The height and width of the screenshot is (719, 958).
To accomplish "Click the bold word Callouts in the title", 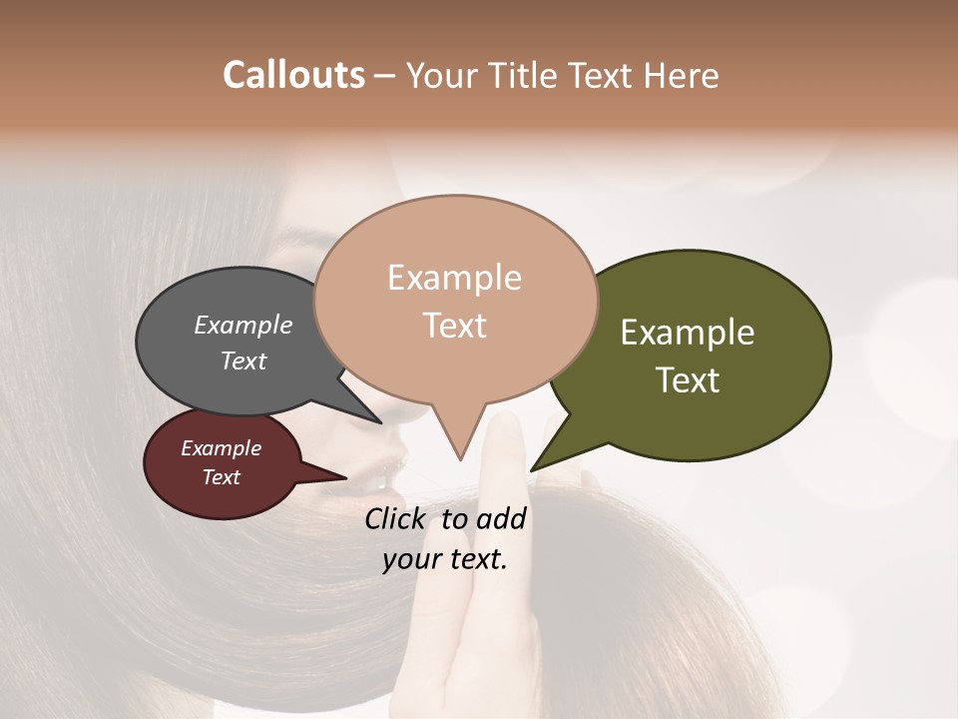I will coord(293,75).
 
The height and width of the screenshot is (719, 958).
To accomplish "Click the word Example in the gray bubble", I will coord(242,326).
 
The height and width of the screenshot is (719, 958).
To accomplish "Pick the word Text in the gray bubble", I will coord(242,360).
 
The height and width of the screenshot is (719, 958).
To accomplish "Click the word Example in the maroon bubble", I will coord(221,448).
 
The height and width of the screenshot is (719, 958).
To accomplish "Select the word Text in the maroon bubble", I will coord(221,477).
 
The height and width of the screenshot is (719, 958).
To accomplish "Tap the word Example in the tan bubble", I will coord(454,278).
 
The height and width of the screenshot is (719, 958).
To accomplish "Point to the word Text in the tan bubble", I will coord(455,326).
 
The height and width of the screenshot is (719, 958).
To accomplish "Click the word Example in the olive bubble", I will coord(688,333).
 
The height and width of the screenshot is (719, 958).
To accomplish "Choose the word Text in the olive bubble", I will coord(688,380).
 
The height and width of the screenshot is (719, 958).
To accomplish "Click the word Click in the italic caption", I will coord(396,518).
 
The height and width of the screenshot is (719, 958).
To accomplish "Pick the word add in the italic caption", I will coord(502,518).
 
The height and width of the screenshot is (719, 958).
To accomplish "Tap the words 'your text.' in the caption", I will coord(445,559).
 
